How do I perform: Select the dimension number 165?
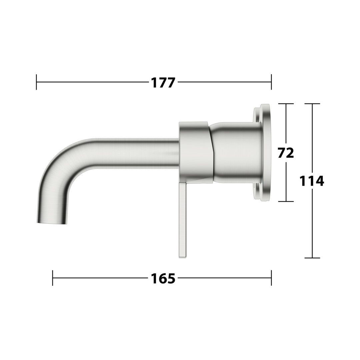163,278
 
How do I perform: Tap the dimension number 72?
286,153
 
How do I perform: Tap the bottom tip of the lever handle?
183,257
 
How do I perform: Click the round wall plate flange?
262,153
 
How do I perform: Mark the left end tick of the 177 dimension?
37,82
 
